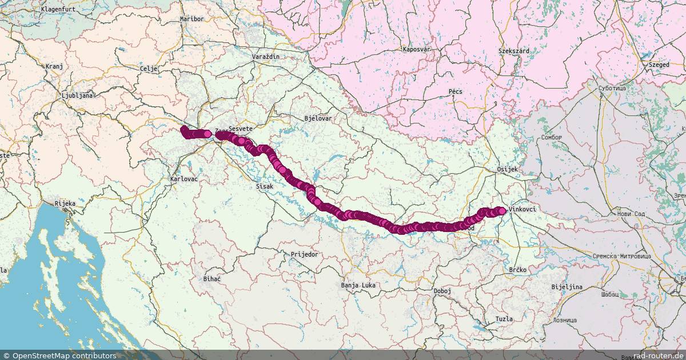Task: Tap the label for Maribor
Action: coord(192,19)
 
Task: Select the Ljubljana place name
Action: coord(77,95)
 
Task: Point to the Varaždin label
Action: coord(266,58)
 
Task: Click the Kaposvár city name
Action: coord(416,50)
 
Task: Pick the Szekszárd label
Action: coord(513,51)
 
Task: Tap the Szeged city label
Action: coord(659,65)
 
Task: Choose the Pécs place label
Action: coord(456,91)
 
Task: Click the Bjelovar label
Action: coord(318,118)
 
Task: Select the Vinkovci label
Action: coord(522,210)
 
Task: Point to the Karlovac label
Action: coord(184,179)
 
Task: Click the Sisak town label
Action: coord(265,187)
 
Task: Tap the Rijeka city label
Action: coord(65,203)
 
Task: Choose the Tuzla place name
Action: coord(504,319)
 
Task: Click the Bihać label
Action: coord(212,279)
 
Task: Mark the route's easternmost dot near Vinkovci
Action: coord(502,211)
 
